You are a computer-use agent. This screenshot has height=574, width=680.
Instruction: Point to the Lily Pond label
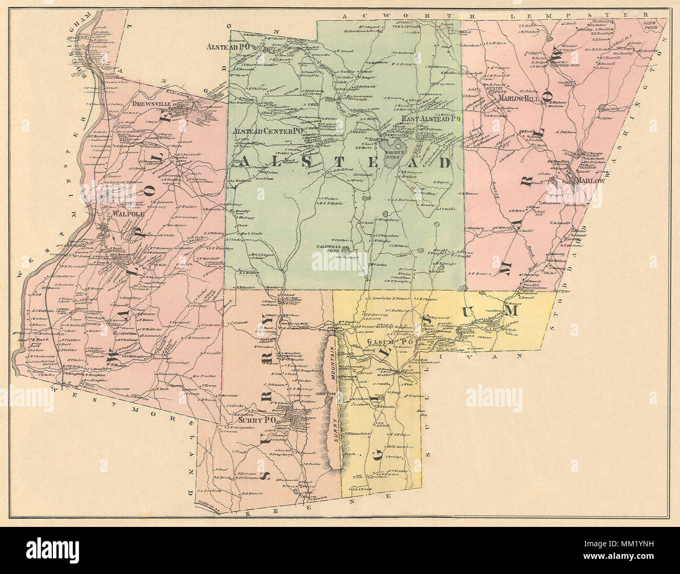(x=320, y=393)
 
